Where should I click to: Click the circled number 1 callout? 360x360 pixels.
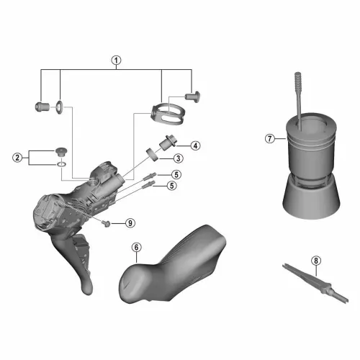pyautogui.click(x=117, y=60)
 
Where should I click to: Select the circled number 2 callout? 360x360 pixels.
pyautogui.click(x=17, y=158)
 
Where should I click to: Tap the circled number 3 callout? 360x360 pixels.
pyautogui.click(x=178, y=158)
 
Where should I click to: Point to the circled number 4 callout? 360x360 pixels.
pyautogui.click(x=196, y=145)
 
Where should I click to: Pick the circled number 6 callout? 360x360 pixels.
pyautogui.click(x=136, y=247)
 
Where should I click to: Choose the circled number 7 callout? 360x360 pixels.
pyautogui.click(x=270, y=138)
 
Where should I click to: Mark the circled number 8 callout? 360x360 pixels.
pyautogui.click(x=316, y=261)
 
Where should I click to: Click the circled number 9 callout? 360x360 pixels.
pyautogui.click(x=130, y=223)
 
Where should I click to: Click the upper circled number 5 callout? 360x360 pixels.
pyautogui.click(x=176, y=174)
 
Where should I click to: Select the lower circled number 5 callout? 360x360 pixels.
pyautogui.click(x=172, y=186)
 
